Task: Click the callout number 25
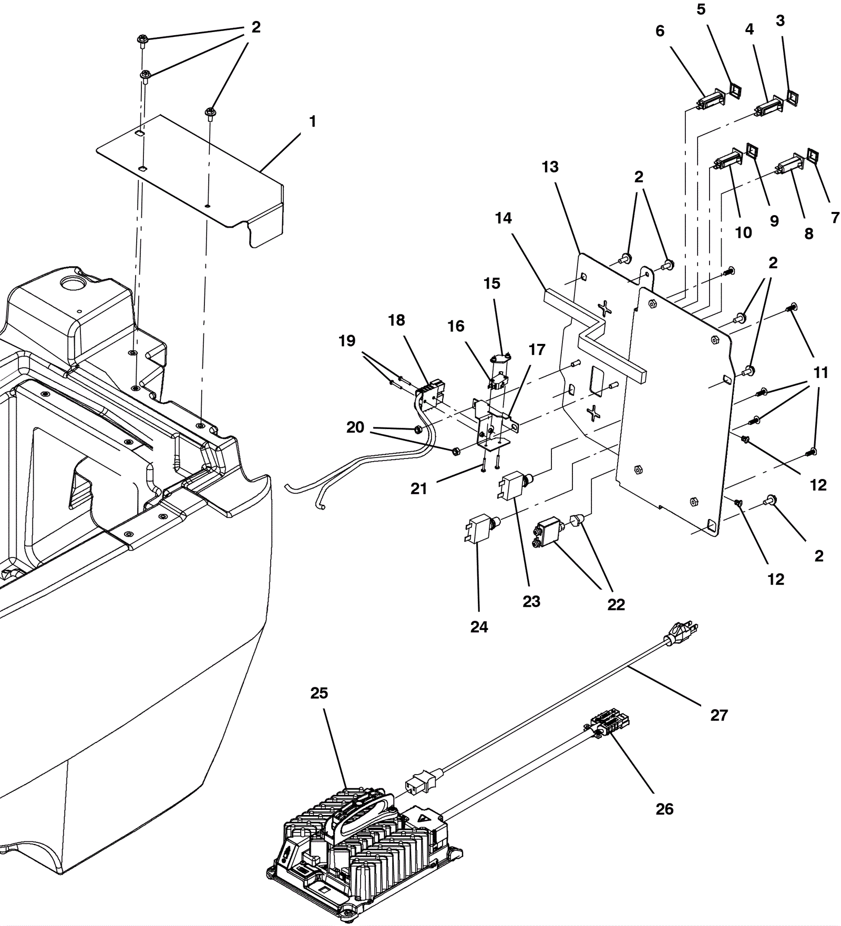click(319, 693)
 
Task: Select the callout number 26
click(664, 809)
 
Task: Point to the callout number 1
click(313, 121)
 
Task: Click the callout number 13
click(550, 167)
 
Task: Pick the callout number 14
click(503, 218)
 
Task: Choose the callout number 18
click(396, 320)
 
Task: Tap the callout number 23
click(531, 601)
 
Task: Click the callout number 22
click(616, 605)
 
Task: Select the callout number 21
click(418, 489)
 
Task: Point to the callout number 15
click(492, 283)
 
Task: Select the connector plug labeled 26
click(610, 724)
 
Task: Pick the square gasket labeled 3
click(792, 96)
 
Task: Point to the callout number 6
click(660, 31)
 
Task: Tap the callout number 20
click(355, 427)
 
